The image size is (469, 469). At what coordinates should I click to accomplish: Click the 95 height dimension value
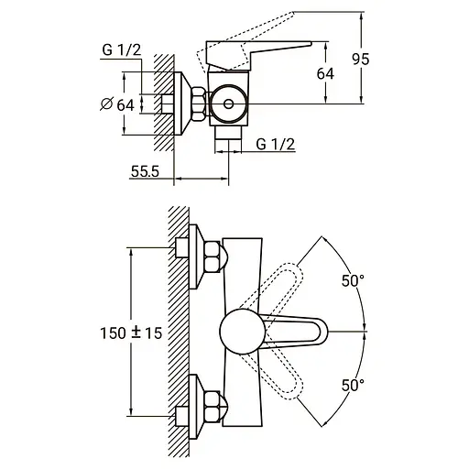coord(361,60)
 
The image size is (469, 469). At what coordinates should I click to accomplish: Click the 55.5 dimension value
coord(145,171)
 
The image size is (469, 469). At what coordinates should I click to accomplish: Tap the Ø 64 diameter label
coord(117,104)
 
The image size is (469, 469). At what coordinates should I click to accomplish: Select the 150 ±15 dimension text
coord(131,333)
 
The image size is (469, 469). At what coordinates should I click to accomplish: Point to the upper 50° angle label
coord(353,281)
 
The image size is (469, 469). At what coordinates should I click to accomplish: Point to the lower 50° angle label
coord(353,386)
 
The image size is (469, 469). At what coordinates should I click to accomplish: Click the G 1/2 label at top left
coord(122,50)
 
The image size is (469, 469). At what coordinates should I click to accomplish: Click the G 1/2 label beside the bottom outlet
coord(276,144)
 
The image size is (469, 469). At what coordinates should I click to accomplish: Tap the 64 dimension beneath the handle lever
coord(325,74)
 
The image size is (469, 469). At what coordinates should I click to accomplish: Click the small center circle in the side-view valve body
coord(228,104)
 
